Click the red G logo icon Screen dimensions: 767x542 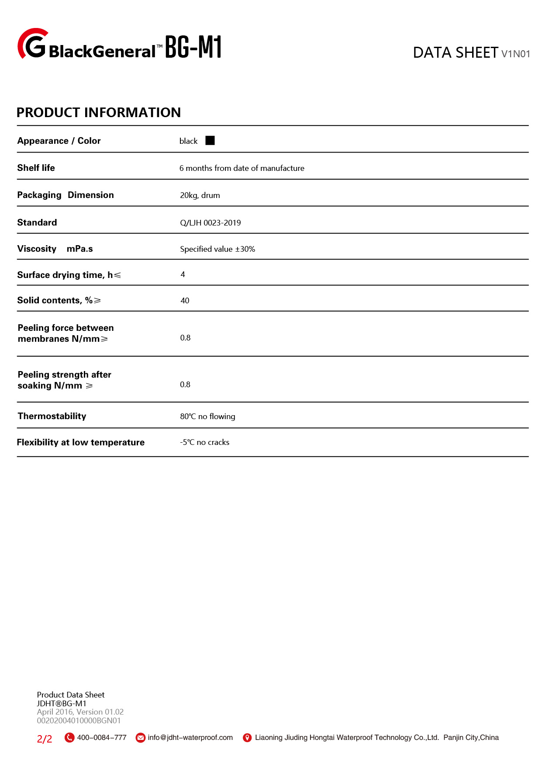33,44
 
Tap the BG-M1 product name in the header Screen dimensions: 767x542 193,47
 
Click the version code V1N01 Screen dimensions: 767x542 515,54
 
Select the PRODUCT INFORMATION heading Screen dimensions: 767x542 99,112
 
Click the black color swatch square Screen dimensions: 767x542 210,140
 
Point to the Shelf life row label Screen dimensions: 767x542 36,168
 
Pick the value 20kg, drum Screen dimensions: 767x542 200,195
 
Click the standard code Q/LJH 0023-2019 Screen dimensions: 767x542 211,222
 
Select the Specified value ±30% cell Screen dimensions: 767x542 217,249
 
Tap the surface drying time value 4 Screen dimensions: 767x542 183,274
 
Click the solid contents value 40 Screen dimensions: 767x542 185,301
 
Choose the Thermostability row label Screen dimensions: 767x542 52,416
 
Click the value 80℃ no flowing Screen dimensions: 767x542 207,416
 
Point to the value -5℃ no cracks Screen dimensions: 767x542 204,442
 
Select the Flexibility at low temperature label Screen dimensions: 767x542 81,442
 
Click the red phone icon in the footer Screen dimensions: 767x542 69,738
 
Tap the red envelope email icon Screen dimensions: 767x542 141,738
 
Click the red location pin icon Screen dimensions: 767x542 247,738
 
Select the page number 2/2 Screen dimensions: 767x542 45,739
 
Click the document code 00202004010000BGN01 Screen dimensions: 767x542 79,721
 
